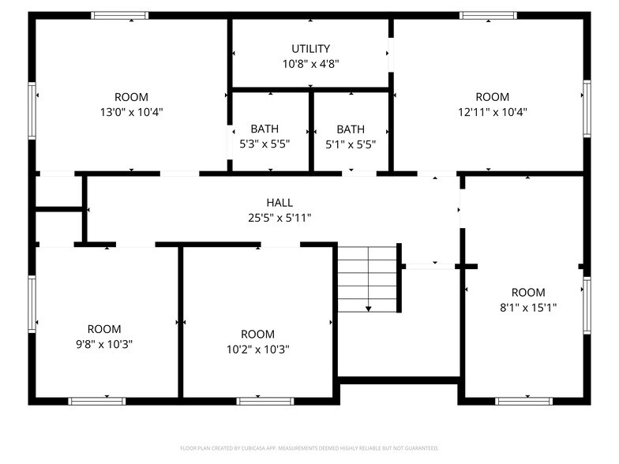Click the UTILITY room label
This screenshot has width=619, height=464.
[310, 49]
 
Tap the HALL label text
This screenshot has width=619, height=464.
[279, 203]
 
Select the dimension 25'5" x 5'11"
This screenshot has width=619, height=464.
[279, 218]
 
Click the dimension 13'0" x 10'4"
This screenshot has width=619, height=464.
[131, 112]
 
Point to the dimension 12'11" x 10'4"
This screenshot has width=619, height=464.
[492, 112]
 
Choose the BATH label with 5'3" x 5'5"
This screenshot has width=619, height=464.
[264, 129]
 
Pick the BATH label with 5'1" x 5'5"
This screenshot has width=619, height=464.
[351, 129]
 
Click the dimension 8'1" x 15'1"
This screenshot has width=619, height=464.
[528, 308]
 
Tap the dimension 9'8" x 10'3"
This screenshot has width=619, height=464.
[104, 344]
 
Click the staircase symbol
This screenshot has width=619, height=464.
[368, 278]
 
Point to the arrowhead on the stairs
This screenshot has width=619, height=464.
[368, 309]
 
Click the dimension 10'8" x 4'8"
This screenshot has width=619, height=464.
[310, 64]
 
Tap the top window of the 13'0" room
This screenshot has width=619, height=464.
[119, 15]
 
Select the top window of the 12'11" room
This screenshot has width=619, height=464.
[488, 15]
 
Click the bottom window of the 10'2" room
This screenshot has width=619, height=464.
[265, 401]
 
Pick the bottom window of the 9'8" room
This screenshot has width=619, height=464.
[97, 401]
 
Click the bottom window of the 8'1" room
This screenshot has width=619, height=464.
[523, 401]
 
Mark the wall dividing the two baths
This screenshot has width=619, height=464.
[311, 130]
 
